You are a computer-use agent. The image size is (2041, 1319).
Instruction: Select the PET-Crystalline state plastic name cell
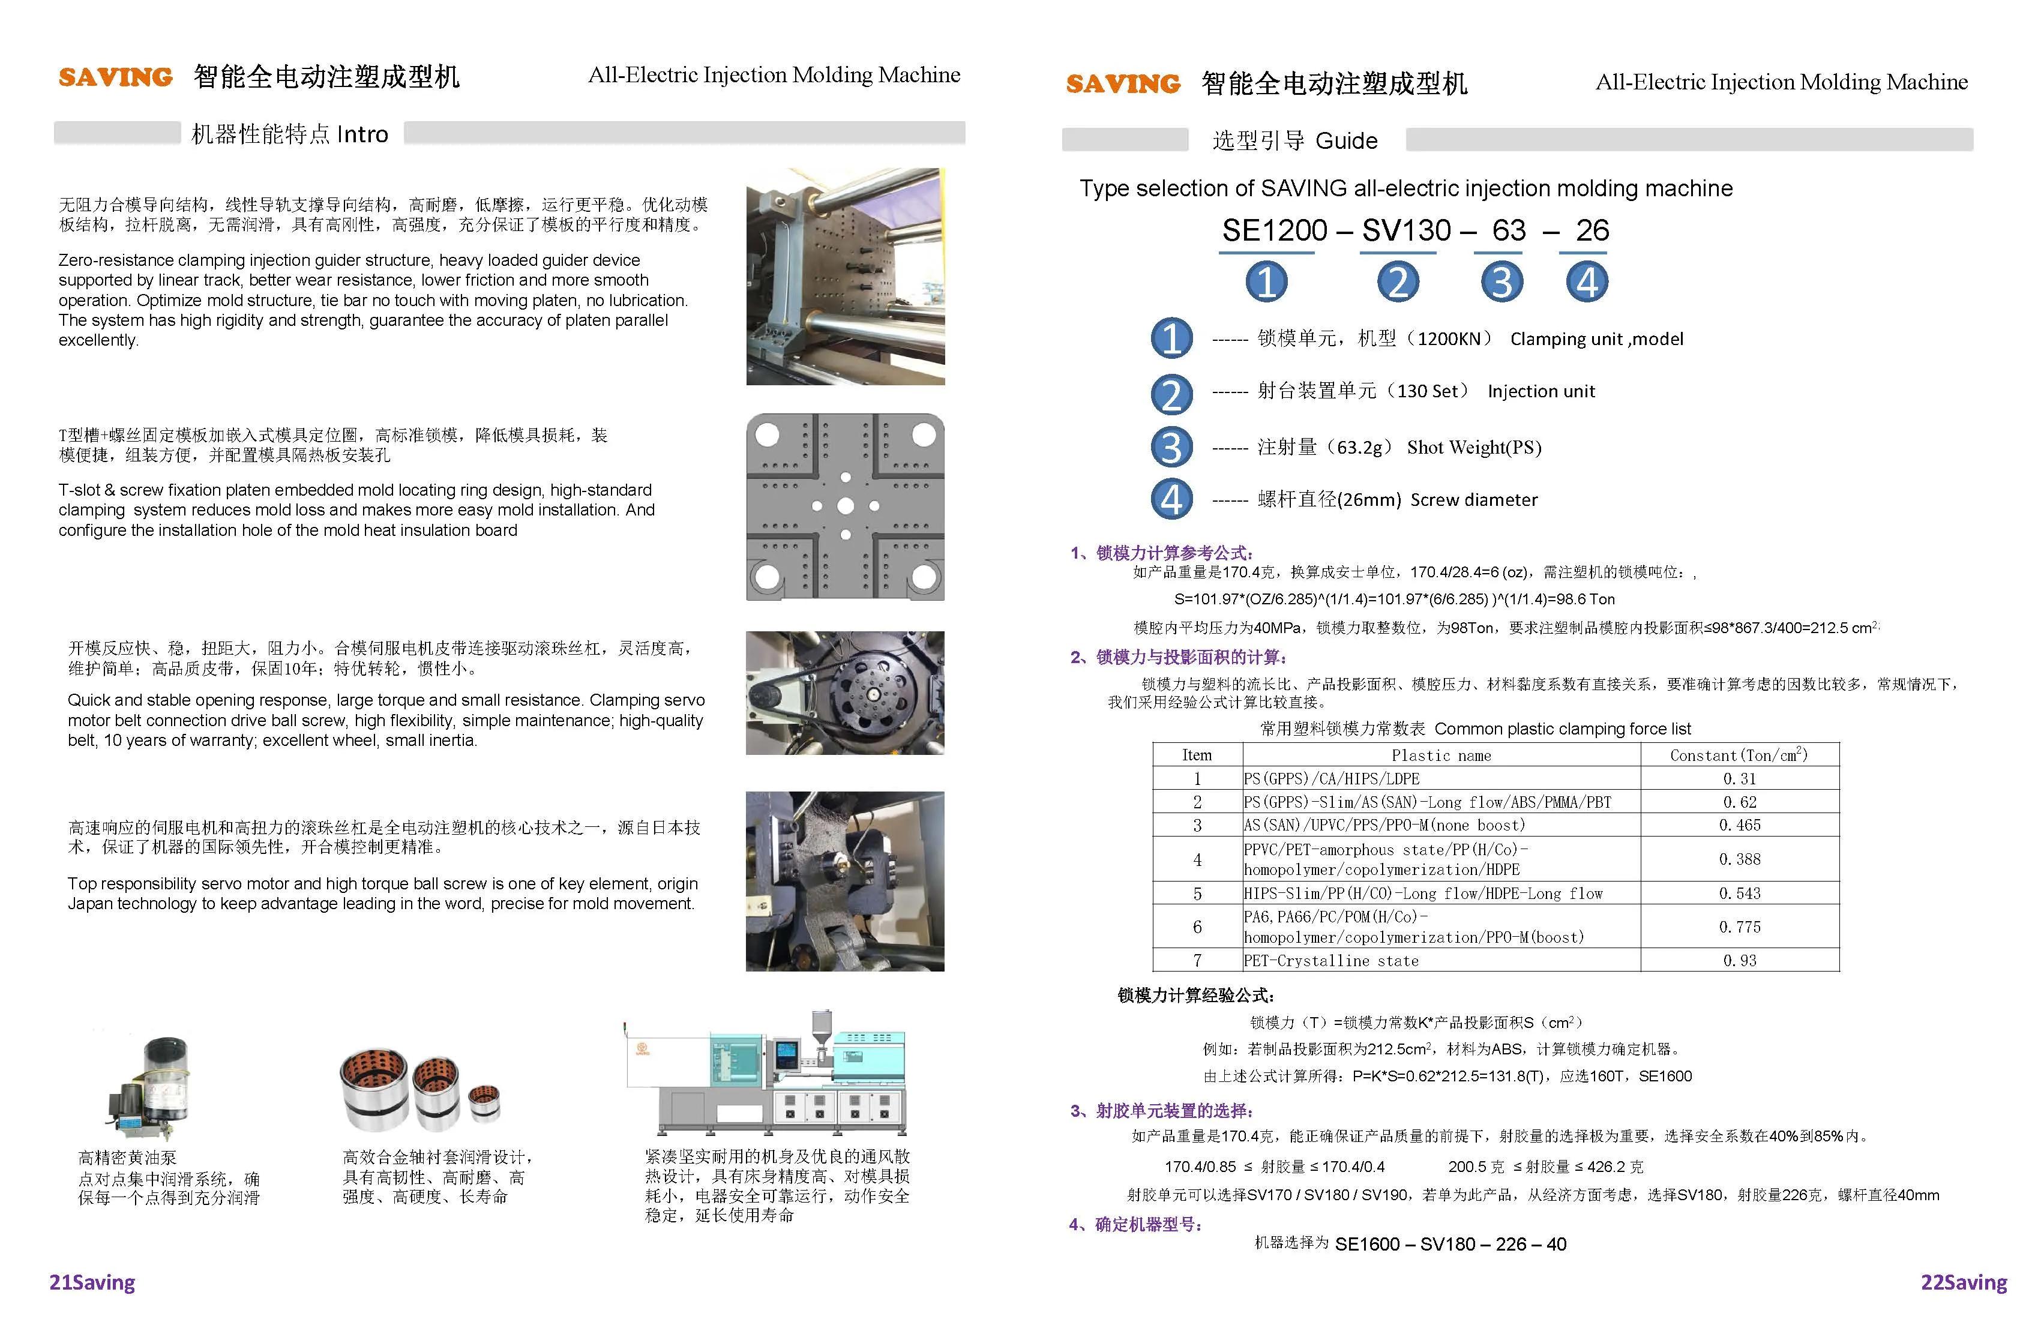pos(1331,960)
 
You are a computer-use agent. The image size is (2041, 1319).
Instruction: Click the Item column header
pos(1197,754)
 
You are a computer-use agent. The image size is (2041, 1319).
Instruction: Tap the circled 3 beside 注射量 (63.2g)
pos(1171,447)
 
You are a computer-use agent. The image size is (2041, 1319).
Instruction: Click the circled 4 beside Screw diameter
pos(1171,499)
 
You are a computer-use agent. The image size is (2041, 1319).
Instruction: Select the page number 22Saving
pos(1963,1282)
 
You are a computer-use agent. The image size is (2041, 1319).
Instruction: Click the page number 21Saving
pos(92,1282)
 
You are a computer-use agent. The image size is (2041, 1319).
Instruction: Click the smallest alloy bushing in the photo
pos(484,1102)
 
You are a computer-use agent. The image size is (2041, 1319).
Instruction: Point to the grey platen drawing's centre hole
pos(846,506)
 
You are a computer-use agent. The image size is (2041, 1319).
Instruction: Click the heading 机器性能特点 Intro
pos(289,134)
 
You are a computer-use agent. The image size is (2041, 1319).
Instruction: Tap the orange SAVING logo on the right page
pos(1122,84)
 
